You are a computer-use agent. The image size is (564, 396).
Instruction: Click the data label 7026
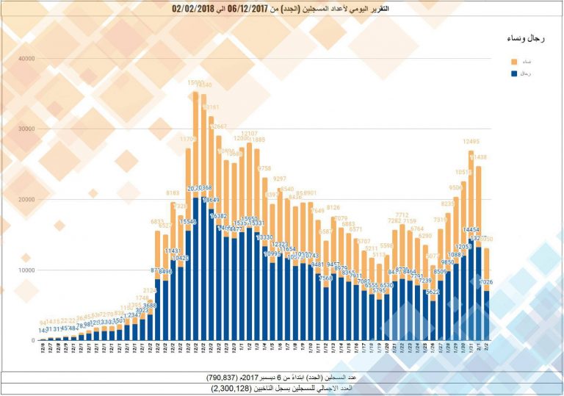click(485, 282)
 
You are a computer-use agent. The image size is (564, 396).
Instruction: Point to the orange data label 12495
click(471, 142)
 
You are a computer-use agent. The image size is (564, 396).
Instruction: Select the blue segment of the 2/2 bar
click(486, 316)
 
